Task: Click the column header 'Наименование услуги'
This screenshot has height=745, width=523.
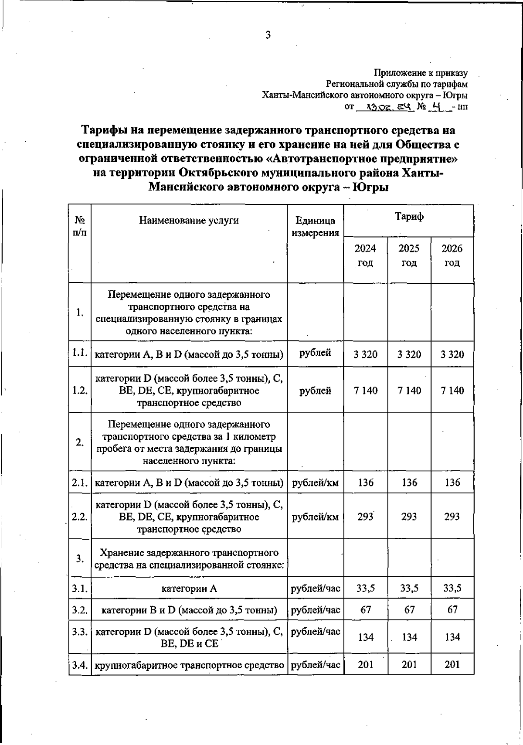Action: point(189,220)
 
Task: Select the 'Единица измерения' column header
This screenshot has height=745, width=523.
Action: point(315,227)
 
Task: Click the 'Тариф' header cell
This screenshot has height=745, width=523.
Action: point(409,216)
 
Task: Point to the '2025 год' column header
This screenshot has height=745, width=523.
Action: point(409,255)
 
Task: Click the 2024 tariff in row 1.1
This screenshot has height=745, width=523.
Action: point(366,354)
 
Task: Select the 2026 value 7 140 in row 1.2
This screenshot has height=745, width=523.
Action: point(452,391)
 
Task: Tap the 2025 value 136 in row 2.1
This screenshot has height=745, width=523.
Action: point(409,483)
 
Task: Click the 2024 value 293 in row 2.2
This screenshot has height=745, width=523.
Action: point(366,517)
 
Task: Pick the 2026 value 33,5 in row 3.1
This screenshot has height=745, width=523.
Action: point(452,589)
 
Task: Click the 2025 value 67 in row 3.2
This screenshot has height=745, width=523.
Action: point(409,609)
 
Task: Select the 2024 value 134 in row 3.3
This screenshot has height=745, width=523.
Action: point(366,637)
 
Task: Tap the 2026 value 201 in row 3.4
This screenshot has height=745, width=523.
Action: point(452,664)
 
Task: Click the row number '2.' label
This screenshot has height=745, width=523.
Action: point(80,442)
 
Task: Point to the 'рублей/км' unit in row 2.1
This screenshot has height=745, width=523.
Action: point(315,483)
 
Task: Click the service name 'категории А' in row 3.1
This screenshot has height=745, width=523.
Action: point(189,589)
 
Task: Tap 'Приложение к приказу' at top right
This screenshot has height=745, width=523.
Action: point(421,73)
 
